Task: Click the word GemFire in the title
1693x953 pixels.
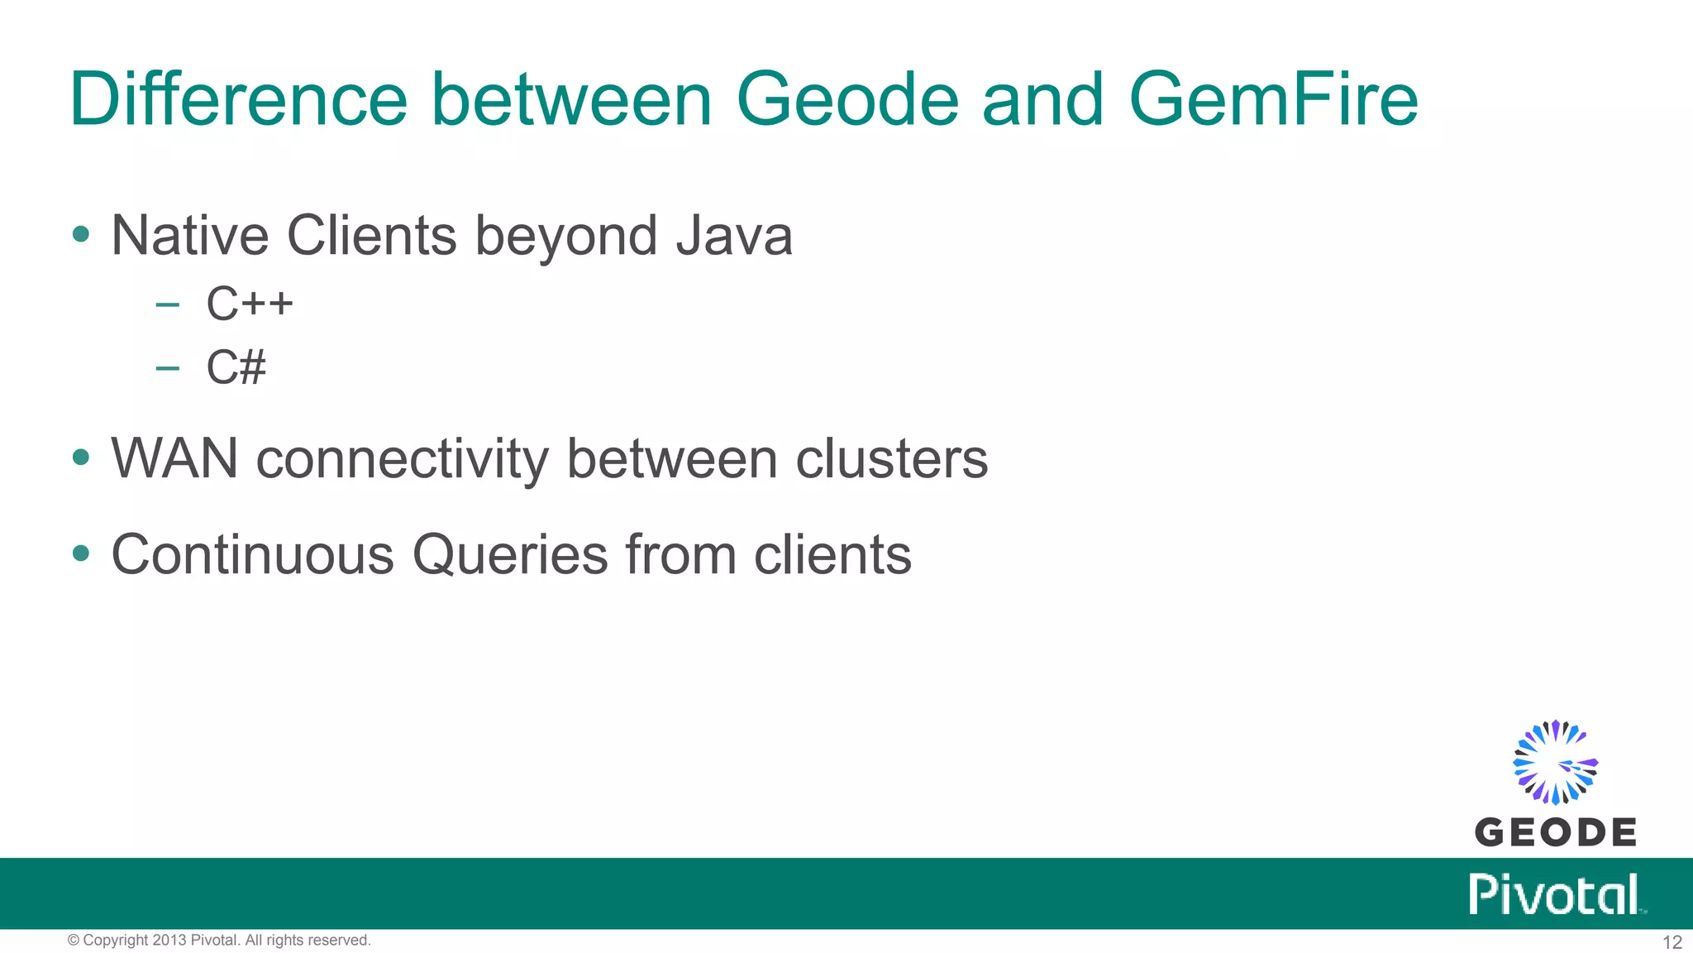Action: (1273, 100)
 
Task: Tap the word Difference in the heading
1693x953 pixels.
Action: (238, 100)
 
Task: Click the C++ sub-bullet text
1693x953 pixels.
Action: (250, 304)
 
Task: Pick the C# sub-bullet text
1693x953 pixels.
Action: (236, 367)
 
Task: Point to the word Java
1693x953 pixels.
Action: (734, 237)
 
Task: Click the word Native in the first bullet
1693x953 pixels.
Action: (189, 237)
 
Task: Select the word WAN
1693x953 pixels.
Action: (174, 458)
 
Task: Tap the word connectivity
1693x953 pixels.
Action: (402, 460)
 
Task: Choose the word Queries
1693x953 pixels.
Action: (510, 554)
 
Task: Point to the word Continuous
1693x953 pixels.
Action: (252, 554)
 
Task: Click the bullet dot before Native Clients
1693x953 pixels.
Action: (81, 234)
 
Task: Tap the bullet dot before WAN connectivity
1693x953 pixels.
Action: (81, 457)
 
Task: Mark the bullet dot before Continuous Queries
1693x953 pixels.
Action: (81, 552)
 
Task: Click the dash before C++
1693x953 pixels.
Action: (167, 304)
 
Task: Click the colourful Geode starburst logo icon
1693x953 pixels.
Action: (1555, 762)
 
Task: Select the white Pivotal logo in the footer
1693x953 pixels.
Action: (1555, 894)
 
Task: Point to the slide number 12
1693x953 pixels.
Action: (1672, 942)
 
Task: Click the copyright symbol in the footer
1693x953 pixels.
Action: (73, 941)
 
